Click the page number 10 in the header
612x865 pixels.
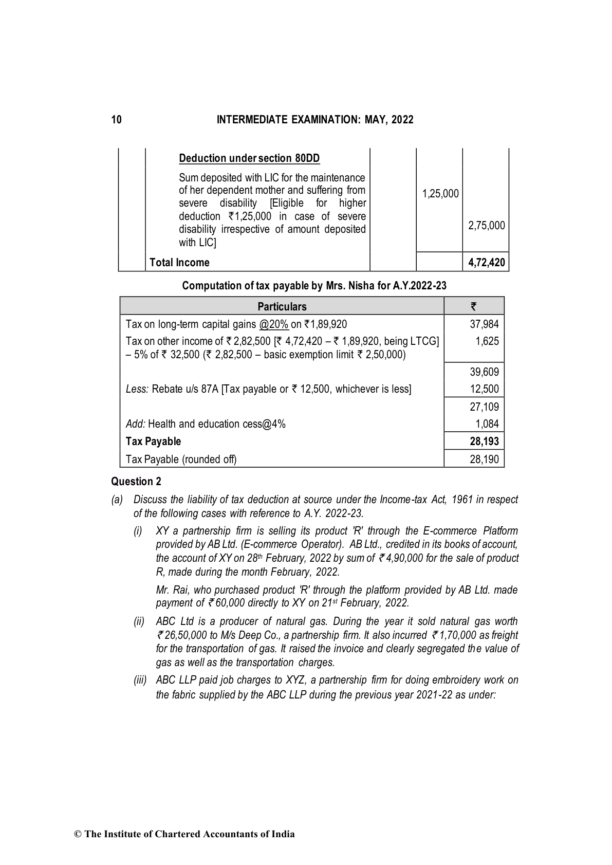tap(117, 120)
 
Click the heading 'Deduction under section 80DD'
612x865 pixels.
tap(249, 158)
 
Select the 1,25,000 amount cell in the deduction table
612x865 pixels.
tap(440, 194)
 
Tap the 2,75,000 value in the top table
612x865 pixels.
tap(486, 226)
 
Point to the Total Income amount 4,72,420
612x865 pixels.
tap(486, 263)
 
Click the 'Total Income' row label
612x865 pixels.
tap(179, 263)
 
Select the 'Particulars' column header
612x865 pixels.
tap(282, 307)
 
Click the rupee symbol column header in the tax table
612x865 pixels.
tap(473, 307)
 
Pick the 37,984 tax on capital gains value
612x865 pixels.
tap(484, 324)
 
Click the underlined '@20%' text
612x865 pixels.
tap(274, 324)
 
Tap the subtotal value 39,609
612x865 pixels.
tap(484, 372)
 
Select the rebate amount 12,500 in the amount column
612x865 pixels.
tap(484, 389)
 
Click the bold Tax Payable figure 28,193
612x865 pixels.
tap(484, 441)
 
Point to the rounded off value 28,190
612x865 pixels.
tap(484, 459)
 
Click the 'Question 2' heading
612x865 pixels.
tap(136, 482)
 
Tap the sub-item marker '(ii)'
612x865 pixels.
tap(139, 622)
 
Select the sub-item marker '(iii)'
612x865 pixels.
tap(140, 680)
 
